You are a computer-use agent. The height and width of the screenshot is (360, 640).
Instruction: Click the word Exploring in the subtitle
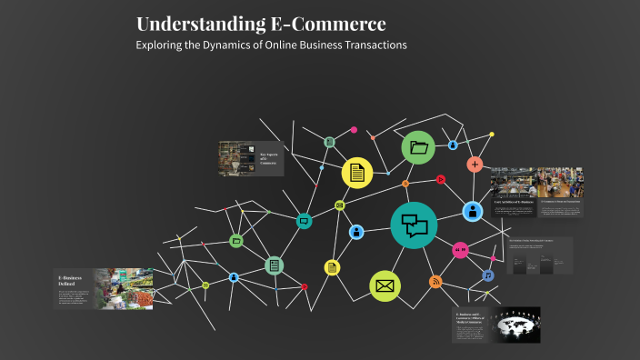[x=161, y=45]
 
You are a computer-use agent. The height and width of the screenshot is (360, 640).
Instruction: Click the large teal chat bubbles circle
[x=414, y=225]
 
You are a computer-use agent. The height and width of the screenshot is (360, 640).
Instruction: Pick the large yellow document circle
[x=357, y=172]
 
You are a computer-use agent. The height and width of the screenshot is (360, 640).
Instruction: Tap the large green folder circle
[x=418, y=147]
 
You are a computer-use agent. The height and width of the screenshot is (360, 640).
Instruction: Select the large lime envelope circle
[x=385, y=286]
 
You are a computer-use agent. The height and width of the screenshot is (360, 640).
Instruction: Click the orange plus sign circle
[x=475, y=165]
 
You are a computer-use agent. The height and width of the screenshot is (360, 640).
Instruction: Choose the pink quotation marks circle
[x=460, y=249]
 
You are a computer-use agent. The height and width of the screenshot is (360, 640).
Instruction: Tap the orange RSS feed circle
[x=435, y=282]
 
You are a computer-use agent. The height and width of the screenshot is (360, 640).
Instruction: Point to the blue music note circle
[x=487, y=275]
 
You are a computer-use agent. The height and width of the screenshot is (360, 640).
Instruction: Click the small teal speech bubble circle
[x=304, y=220]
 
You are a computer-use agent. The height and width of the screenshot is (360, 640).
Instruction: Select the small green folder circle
[x=236, y=241]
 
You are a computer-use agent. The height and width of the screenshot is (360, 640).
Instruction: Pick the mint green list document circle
[x=273, y=265]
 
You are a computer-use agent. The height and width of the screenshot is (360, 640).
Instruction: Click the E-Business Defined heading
[x=71, y=280]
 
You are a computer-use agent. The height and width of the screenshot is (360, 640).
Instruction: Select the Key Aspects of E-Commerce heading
[x=269, y=157]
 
